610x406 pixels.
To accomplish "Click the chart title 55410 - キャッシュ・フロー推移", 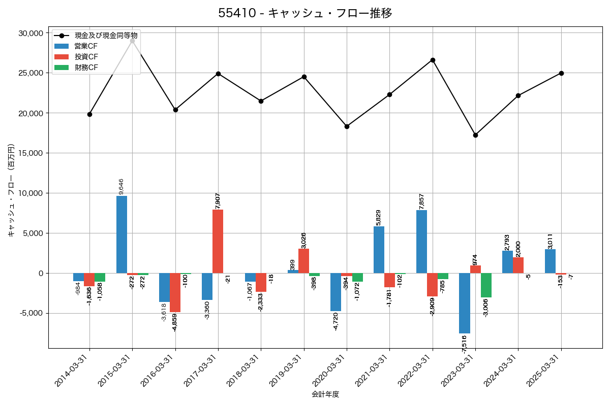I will (305, 13).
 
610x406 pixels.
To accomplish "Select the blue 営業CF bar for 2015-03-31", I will (121, 234).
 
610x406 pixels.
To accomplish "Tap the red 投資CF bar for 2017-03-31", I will (218, 242).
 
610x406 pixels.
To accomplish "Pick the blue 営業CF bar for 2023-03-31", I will (465, 303).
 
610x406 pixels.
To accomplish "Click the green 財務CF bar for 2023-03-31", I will (486, 285).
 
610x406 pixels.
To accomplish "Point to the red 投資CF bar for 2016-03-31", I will (175, 292).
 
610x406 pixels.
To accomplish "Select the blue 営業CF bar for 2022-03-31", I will (421, 242).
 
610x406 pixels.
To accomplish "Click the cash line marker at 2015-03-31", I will (132, 41).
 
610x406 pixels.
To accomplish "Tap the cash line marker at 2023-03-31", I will (475, 135).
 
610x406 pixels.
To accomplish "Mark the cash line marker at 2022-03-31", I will (433, 60).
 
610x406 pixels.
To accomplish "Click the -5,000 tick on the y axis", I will (32, 313).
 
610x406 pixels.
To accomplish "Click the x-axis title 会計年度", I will (325, 394).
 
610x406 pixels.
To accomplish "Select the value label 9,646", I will (121, 186).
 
